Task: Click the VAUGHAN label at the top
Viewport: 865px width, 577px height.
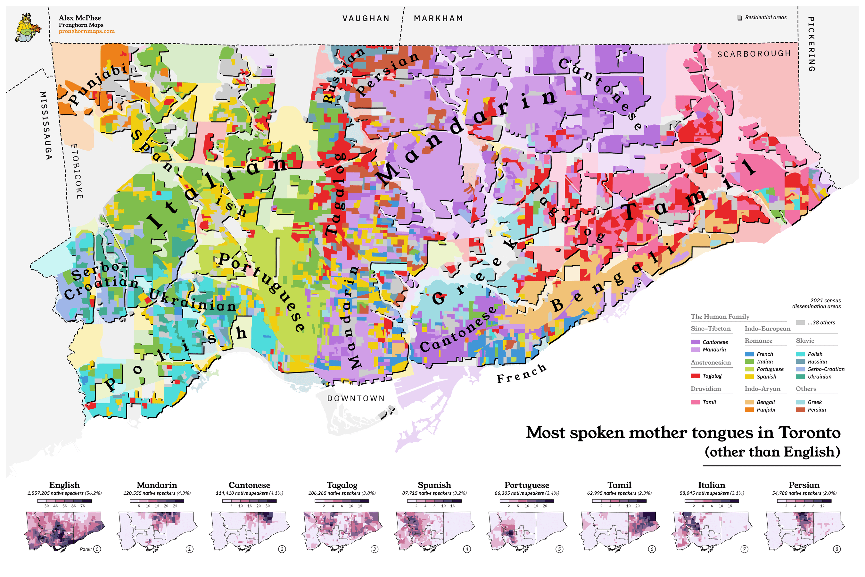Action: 366,18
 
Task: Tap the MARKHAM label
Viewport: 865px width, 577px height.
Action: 438,18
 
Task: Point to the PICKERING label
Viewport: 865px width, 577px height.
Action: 811,44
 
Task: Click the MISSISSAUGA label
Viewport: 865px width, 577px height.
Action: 45,125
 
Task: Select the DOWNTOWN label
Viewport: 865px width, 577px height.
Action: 356,398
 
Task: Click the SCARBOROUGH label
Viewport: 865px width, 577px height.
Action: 754,54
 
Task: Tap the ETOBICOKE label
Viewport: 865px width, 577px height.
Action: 77,171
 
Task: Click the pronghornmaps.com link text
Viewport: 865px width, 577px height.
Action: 87,31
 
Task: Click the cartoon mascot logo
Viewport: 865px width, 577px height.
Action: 28,28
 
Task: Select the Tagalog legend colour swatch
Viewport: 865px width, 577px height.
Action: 695,376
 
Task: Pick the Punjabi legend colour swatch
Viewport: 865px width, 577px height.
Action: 749,410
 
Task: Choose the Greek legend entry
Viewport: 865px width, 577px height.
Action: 814,402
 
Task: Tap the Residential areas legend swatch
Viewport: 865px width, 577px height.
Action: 740,18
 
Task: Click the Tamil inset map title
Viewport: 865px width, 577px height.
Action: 619,485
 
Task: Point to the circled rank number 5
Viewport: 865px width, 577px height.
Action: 559,549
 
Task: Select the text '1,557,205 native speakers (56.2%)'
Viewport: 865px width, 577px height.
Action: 64,493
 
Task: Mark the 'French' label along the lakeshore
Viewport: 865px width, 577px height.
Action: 522,373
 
